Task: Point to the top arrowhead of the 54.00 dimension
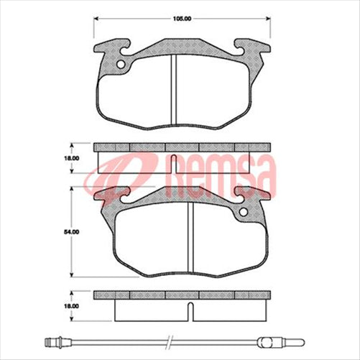tap(73, 188)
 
